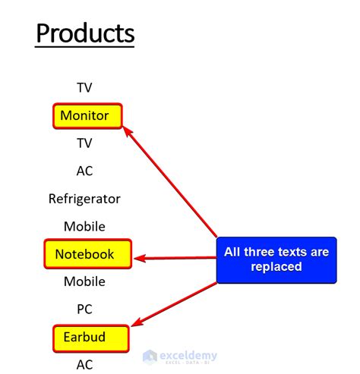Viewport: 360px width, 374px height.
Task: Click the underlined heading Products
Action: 85,33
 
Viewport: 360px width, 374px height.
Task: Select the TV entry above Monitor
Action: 84,88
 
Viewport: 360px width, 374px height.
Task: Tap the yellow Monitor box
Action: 87,116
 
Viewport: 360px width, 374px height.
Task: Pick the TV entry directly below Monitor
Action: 84,143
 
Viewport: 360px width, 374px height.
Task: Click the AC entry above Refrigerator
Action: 84,171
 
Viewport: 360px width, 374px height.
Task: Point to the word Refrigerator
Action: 84,199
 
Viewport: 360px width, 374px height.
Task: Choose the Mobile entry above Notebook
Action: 84,226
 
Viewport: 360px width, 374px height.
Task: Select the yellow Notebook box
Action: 88,254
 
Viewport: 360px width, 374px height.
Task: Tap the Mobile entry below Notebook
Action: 84,281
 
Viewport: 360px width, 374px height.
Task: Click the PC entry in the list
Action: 84,310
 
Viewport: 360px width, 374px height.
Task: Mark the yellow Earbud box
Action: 91,338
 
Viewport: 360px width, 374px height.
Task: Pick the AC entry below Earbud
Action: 84,365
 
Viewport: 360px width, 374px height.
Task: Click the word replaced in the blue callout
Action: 276,267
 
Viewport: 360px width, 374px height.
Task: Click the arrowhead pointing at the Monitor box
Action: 128,132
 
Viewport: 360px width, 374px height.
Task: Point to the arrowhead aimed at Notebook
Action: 140,258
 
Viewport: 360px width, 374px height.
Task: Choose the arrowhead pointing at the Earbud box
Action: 137,322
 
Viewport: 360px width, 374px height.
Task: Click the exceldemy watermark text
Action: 188,356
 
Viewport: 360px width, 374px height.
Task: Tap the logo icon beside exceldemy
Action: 150,357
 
